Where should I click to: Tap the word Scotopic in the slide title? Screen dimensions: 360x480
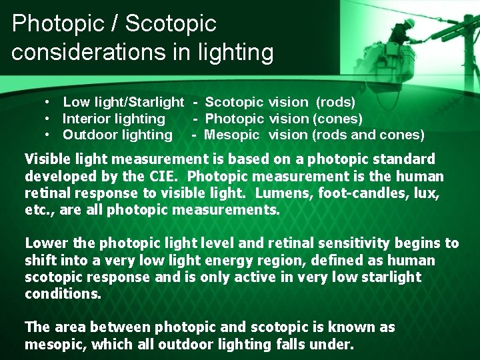(x=171, y=23)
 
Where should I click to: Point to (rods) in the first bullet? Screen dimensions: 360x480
(x=335, y=103)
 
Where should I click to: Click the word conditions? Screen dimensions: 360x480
(x=63, y=293)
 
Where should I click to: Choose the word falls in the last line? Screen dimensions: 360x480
(x=293, y=344)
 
